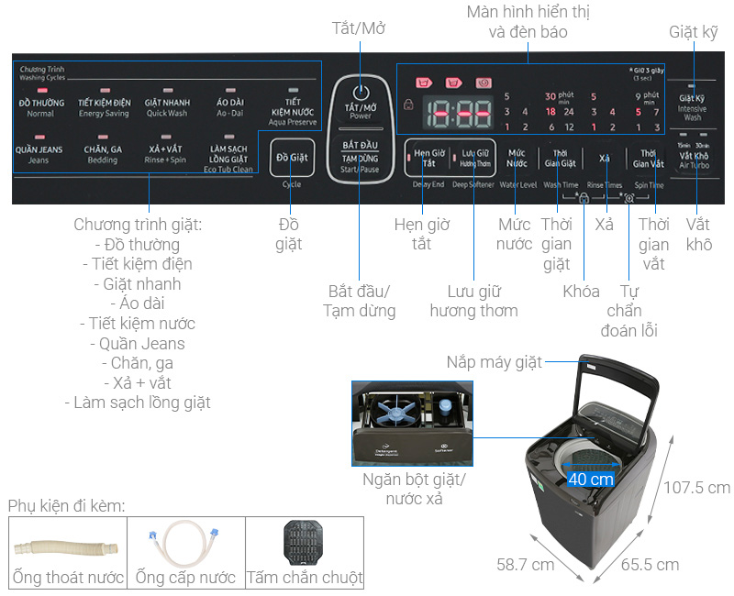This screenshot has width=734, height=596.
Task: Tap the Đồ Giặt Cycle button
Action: pos(293,158)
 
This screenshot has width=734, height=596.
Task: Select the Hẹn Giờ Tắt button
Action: pos(427,157)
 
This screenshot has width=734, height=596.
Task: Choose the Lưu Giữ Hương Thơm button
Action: pos(475,157)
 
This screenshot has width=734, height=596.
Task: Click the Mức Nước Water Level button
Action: pos(517,157)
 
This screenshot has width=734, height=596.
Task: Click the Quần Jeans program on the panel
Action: pos(40,152)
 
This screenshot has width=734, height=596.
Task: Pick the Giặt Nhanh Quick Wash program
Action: pos(166,106)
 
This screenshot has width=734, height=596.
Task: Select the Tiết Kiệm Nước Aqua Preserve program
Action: pos(293,109)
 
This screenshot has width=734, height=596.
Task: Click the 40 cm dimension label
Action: pos(590,479)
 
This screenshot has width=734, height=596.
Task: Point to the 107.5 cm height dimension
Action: pos(698,487)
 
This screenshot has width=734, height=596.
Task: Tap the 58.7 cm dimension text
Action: pos(526,564)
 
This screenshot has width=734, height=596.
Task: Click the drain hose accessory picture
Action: pos(67,547)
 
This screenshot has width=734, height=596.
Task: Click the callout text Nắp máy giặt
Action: pos(495,361)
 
